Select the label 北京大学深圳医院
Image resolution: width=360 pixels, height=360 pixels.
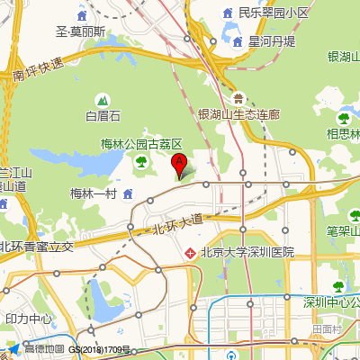coord(247,253)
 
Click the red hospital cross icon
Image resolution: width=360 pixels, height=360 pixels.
coord(190,254)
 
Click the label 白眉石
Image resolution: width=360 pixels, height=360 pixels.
coord(103,115)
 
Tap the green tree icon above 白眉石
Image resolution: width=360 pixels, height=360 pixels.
coord(103,98)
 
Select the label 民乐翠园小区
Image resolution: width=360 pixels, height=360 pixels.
coord(273,13)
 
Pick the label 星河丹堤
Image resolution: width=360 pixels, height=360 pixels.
coord(272,41)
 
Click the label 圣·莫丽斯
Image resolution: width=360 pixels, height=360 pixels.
coord(81,31)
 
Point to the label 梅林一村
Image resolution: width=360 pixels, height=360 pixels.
coord(93,194)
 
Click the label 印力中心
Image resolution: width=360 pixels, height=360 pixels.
coord(30,319)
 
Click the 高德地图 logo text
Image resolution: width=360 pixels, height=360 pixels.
coord(43,349)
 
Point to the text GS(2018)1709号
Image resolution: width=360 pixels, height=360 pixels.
coord(100,349)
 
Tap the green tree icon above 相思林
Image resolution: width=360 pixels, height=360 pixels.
coord(343,116)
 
